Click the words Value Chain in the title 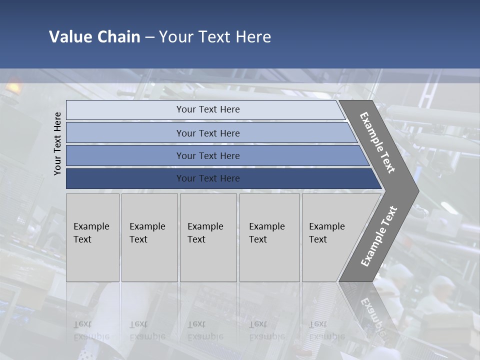[94, 37]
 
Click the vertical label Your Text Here [58, 143]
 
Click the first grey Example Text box [92, 237]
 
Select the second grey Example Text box [149, 237]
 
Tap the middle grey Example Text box [208, 237]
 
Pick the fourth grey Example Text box [269, 237]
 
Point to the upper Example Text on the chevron [377, 142]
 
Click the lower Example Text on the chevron [379, 236]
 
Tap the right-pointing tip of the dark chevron [415, 190]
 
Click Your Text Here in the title [215, 37]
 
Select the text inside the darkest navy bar [208, 178]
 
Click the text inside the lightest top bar [208, 109]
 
